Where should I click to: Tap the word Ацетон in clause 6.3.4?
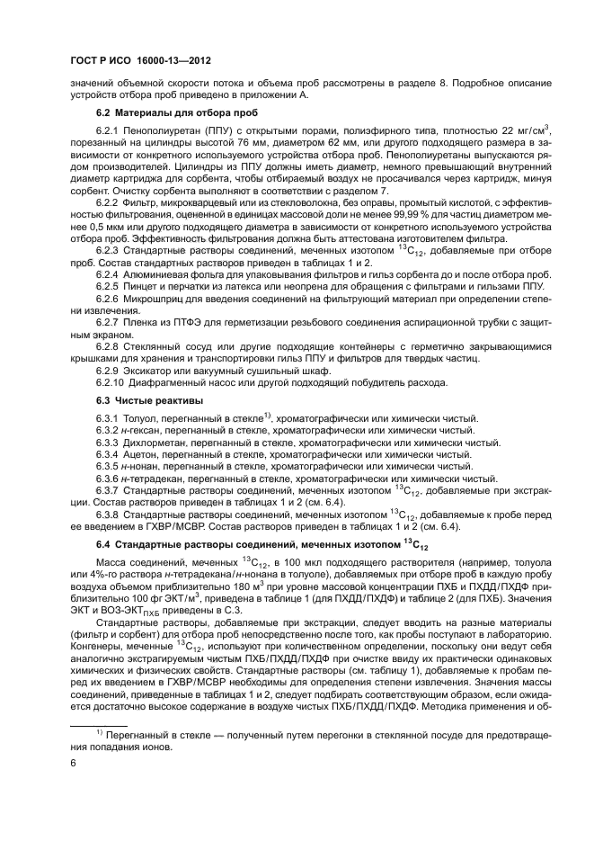139,455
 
